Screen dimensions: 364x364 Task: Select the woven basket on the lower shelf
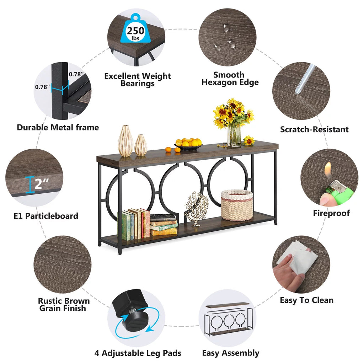[x=236, y=205]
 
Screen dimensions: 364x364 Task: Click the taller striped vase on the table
[x=125, y=141]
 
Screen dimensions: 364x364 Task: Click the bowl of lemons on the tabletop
[x=188, y=144]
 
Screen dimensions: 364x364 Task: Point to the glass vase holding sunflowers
[x=234, y=136]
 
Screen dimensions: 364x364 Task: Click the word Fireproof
[x=331, y=213]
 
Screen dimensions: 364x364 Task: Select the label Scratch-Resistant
[x=314, y=129]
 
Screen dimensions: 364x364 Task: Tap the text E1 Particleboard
[x=46, y=216]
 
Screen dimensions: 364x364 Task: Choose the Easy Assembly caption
[x=231, y=353]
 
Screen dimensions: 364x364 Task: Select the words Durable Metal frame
[x=58, y=128]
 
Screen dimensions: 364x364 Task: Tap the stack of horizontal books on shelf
[x=163, y=225]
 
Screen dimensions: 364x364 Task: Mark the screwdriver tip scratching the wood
[x=297, y=92]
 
